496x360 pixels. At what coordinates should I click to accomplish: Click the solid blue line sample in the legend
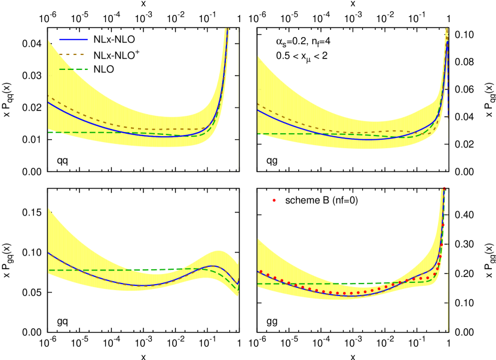point(73,39)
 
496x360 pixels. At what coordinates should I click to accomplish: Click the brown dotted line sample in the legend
point(72,54)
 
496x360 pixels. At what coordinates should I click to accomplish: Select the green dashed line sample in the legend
point(73,69)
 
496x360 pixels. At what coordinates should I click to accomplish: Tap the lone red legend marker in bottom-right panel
point(274,200)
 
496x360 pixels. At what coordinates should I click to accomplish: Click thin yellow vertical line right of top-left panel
point(238,155)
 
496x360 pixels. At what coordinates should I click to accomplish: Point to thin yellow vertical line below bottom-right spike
point(448,316)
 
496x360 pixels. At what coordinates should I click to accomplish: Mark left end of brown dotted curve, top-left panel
point(48,96)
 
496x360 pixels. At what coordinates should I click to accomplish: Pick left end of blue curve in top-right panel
point(258,110)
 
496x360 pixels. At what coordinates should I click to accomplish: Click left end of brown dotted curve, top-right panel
point(258,104)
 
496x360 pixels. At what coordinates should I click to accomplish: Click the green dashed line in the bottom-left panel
point(90,270)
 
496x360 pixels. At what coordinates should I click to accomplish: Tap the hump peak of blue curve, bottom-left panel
point(213,266)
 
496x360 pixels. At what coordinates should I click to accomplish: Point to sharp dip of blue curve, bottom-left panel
point(237,284)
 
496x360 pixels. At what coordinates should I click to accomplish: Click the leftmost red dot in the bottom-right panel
point(261,272)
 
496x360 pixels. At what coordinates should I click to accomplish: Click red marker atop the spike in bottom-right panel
point(444,189)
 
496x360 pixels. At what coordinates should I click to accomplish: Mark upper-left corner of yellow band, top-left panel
point(48,41)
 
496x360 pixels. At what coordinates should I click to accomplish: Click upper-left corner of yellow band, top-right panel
point(258,56)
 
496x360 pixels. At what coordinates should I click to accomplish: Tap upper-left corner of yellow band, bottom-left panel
point(48,208)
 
